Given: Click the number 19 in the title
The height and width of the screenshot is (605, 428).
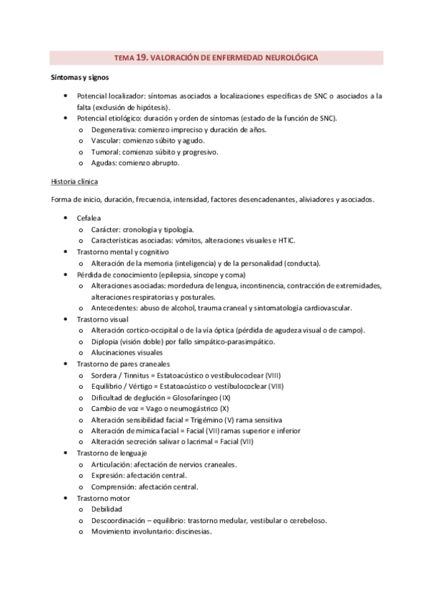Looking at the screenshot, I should coord(141,57).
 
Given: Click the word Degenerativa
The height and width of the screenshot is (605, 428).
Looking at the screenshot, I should coord(114,129).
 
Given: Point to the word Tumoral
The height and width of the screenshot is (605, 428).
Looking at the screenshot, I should coord(106,151).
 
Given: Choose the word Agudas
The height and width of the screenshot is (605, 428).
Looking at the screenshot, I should coord(104,163).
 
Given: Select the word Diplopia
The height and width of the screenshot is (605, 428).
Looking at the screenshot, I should coord(106,341).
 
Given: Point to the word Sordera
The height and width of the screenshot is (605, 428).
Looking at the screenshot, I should coord(106,375).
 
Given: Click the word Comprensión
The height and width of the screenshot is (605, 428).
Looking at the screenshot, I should coord(116,487).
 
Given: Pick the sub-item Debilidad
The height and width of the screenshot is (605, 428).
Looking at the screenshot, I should coord(106,509).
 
